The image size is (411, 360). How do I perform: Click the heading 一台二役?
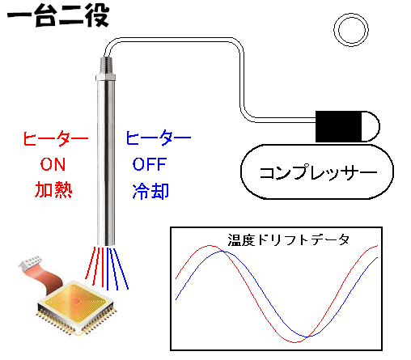58,15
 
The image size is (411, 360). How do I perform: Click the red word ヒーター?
55,138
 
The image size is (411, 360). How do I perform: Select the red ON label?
53,164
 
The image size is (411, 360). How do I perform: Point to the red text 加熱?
53,190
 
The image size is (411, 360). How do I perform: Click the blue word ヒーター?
159,138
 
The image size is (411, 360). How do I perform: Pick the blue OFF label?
150,164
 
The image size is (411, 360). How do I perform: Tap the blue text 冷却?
150,191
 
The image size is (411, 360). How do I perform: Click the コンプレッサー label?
318,172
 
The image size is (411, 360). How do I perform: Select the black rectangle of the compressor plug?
338,126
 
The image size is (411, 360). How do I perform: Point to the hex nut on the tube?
106,78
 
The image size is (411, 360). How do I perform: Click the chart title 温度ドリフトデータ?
289,239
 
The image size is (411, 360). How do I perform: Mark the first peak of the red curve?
210,246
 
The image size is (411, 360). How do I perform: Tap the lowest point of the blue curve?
310,337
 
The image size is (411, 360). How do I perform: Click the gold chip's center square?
76,301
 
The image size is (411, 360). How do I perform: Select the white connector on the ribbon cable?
30,262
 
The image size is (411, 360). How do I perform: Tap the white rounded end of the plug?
371,126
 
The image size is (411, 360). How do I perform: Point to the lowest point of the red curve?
294,342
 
